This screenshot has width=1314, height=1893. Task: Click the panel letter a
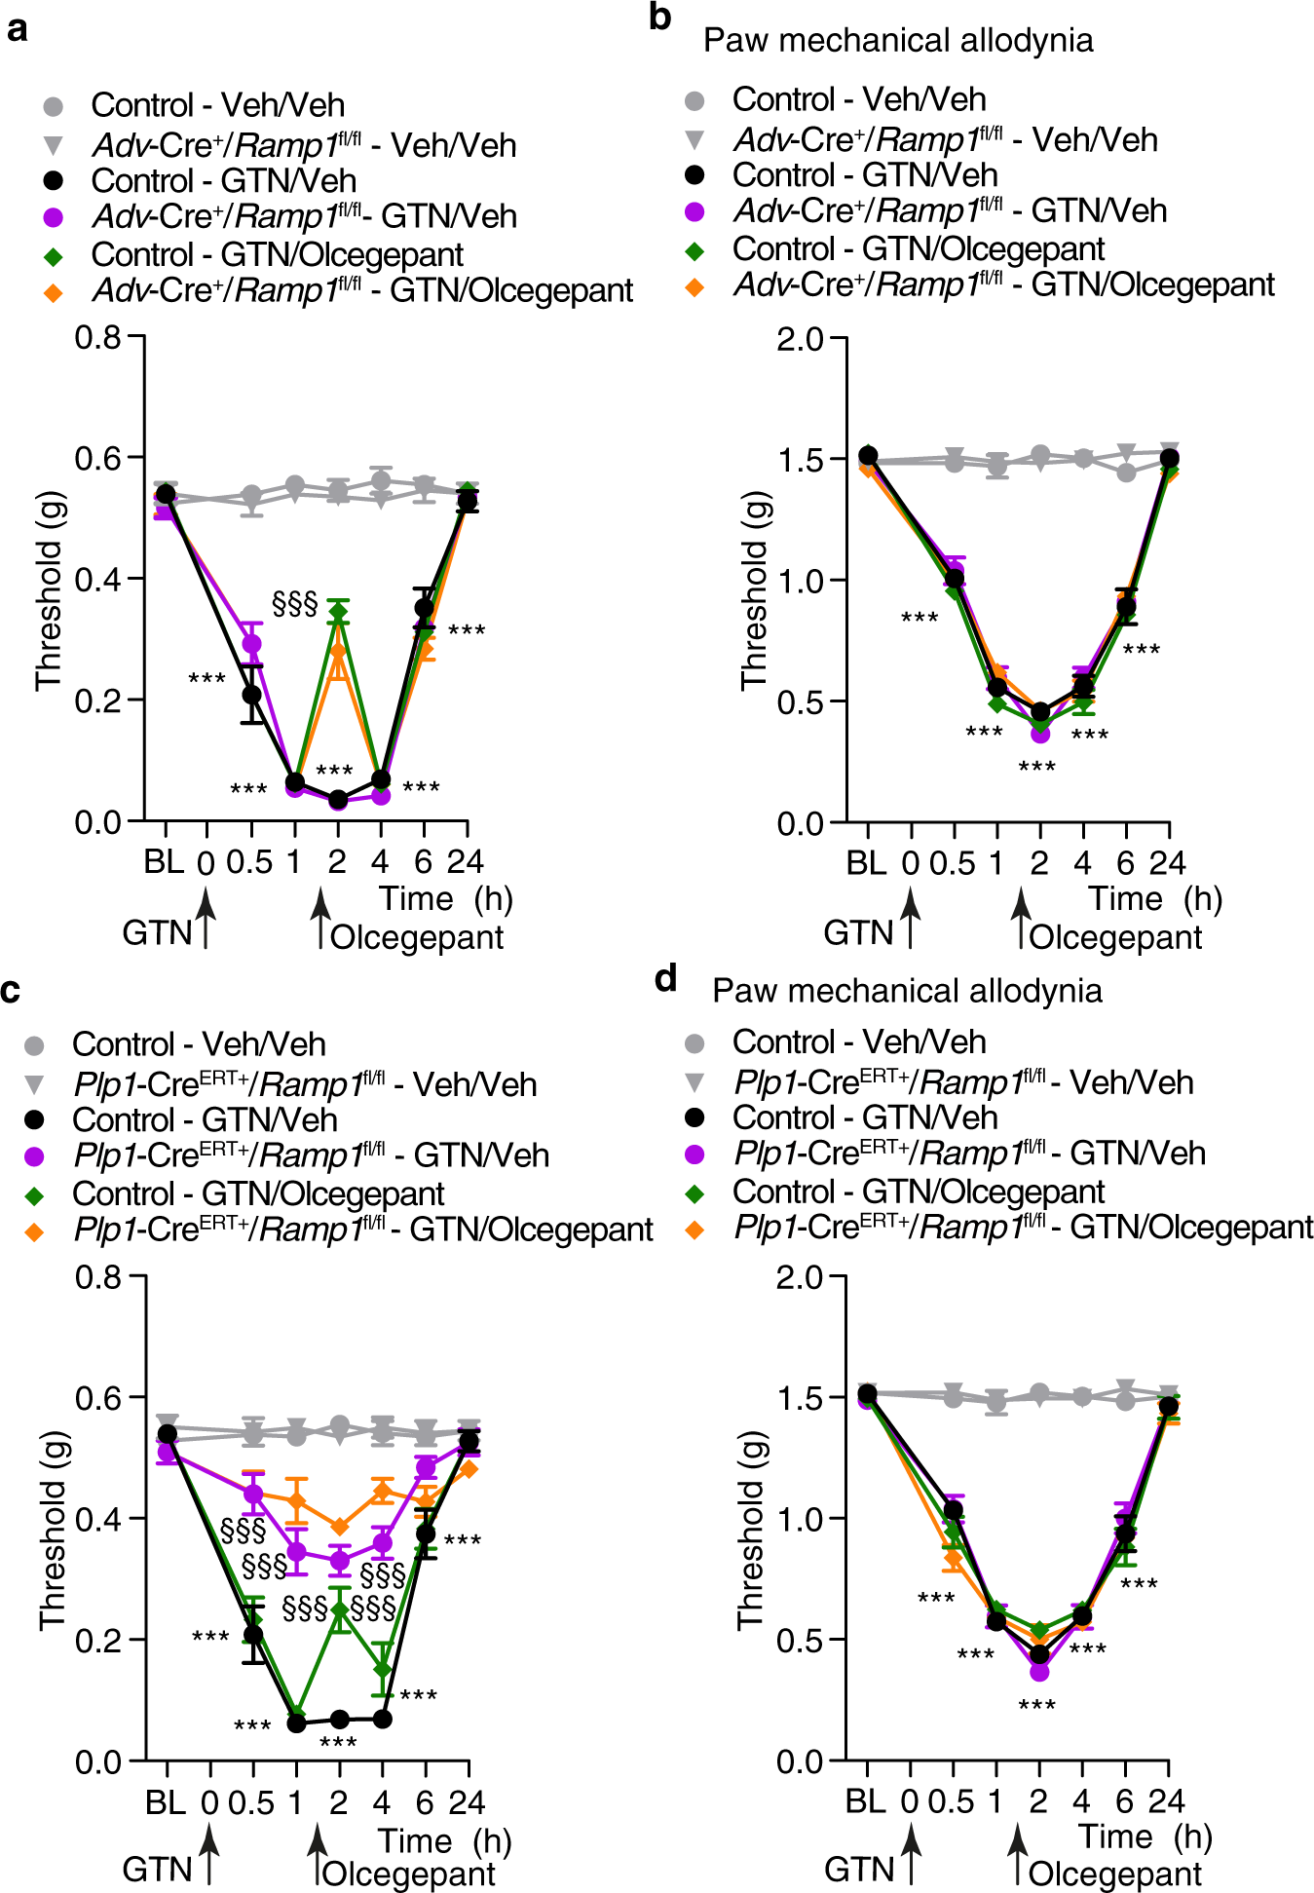[17, 28]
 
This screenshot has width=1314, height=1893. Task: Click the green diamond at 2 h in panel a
[338, 612]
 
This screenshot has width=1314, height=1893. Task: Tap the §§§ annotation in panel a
[295, 604]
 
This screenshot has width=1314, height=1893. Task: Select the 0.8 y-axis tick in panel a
[97, 337]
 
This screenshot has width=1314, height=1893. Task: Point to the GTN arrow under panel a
[206, 920]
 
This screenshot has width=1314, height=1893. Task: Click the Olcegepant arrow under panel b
[1020, 920]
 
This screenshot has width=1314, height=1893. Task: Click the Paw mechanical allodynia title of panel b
[897, 40]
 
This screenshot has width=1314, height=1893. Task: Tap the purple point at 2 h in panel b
[1040, 732]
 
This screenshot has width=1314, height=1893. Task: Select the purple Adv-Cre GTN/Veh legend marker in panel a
[54, 217]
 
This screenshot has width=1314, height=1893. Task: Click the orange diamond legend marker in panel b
[695, 286]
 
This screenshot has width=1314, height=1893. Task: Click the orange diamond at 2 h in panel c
[339, 1526]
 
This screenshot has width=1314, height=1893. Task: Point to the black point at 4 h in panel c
[383, 1719]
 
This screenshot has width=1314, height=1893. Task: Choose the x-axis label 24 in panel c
[467, 1802]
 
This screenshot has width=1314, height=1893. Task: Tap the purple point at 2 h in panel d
[1039, 1671]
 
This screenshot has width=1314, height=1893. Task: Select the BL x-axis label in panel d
[865, 1801]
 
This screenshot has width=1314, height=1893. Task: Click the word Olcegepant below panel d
[1115, 1874]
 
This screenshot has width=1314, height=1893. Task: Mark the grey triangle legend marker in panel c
[34, 1083]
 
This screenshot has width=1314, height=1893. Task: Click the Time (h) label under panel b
[1154, 898]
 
